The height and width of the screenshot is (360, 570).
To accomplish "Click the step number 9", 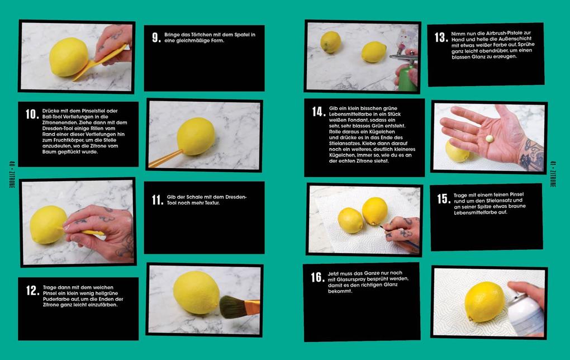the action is pos(156,37).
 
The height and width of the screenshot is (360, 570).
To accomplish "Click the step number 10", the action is pos(32,114).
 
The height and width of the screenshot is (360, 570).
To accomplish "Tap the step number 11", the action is pos(158,200).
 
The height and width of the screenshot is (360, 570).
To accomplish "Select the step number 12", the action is pos(32,290).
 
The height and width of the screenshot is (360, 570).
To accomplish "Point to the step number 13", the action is pos(441,37).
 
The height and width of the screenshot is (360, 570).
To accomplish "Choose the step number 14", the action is pos(319,112).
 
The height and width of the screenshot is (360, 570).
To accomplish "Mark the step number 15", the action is pos(444,198).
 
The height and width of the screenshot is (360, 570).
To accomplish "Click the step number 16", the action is pos(318,277).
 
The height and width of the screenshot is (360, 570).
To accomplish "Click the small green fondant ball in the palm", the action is pos(490,139).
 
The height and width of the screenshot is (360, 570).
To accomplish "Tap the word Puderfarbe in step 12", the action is pos(56,299).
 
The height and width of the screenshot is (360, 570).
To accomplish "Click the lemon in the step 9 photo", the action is pos(69,57).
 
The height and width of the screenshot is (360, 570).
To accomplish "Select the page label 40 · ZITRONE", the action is pos(12,174).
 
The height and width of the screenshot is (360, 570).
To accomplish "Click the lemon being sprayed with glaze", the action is pos(484,302).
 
